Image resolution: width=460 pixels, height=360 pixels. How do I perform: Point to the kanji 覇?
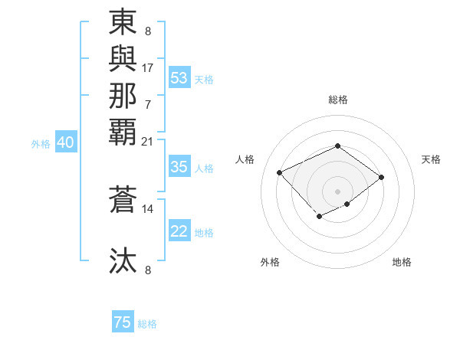point(123,130)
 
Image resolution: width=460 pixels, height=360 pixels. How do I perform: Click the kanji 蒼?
point(123,198)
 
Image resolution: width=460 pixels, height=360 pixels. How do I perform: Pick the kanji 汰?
point(123,260)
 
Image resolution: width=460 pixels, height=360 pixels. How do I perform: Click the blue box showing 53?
point(179,78)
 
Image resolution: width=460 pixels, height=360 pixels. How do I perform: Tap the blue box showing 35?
point(179,167)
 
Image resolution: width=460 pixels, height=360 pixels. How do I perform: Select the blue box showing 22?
point(179,231)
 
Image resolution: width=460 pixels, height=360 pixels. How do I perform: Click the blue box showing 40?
point(66,142)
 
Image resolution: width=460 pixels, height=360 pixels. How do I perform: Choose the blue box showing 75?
point(123,322)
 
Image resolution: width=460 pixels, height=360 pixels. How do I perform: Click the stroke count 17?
point(148,67)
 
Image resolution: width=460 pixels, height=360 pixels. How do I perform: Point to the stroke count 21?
point(148,141)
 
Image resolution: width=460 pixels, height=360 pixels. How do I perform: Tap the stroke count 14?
point(148,208)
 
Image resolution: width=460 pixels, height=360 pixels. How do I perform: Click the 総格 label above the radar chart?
point(338,100)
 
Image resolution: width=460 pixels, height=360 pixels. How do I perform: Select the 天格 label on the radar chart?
point(431,159)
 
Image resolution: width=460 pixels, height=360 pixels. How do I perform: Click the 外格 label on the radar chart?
point(270,262)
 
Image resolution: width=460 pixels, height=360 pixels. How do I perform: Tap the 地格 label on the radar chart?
point(402,262)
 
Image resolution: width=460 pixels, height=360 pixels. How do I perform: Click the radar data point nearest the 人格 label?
point(280,172)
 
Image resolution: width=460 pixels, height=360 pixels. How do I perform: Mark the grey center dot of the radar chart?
point(338,191)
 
